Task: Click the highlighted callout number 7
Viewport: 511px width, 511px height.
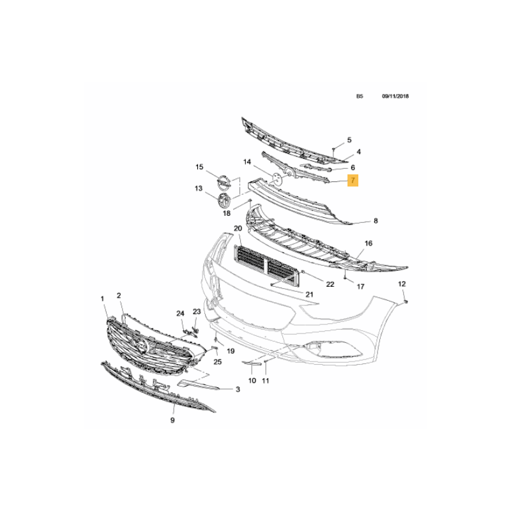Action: click(x=353, y=180)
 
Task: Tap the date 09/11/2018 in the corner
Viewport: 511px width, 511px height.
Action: click(x=395, y=96)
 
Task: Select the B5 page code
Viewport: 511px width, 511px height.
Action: click(x=360, y=96)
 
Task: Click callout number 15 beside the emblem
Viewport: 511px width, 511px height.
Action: click(x=199, y=167)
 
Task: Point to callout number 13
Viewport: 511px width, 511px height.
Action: click(x=199, y=188)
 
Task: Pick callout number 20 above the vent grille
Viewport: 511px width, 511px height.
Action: click(x=238, y=228)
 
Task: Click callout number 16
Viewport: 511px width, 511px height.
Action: click(x=369, y=243)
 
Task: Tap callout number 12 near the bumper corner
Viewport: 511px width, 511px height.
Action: click(x=402, y=284)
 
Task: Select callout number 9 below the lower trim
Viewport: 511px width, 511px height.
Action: click(x=172, y=420)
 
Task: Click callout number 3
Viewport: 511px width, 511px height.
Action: click(x=238, y=389)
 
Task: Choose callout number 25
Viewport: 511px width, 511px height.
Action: click(x=217, y=362)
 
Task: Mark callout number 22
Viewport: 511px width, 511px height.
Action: click(x=330, y=284)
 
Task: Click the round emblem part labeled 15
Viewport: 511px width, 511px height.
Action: click(x=224, y=182)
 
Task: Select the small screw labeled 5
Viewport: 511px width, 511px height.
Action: click(x=333, y=150)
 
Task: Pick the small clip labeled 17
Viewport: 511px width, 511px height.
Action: click(x=344, y=278)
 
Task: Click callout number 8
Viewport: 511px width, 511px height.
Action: click(x=376, y=221)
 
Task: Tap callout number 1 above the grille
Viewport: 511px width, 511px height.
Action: click(x=102, y=298)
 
